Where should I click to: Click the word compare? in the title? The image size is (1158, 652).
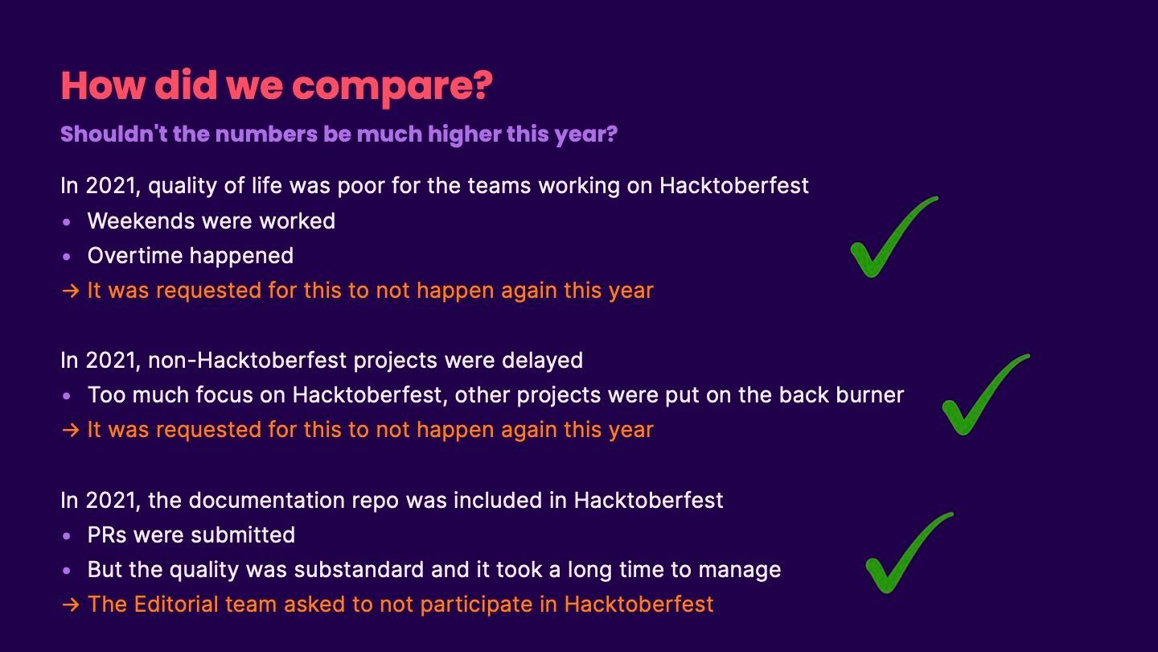392,87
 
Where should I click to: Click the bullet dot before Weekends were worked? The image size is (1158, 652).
66,222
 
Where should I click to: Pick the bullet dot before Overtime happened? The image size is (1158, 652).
66,257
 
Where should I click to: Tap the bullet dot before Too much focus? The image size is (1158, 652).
66,396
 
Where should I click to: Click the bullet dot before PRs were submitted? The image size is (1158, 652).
66,536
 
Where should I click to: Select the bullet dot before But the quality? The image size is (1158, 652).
66,571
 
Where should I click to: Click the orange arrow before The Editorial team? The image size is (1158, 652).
70,605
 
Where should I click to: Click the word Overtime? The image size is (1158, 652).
135,256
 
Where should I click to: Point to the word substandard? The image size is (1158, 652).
359,570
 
